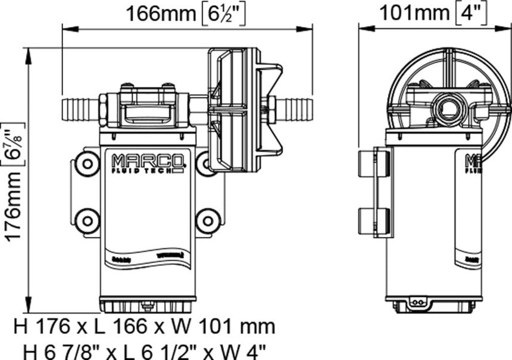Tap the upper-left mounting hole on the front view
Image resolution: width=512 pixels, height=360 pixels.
(x=88, y=163)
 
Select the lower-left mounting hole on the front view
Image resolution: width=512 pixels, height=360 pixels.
(x=88, y=221)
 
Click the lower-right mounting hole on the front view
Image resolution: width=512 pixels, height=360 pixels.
(x=207, y=221)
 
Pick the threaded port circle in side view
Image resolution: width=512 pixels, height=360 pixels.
(x=446, y=109)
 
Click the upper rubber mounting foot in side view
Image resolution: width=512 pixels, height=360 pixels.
(x=374, y=163)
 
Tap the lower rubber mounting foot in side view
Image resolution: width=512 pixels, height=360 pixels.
(x=374, y=221)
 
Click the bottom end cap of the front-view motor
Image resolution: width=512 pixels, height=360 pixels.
(x=147, y=305)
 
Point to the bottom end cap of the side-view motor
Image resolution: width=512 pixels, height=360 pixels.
(x=433, y=305)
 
